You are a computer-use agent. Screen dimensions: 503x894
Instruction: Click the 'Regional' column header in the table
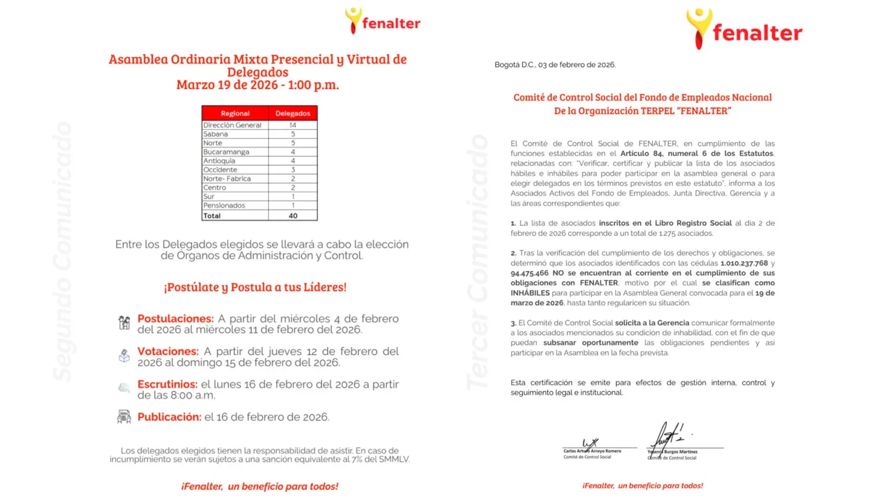click(x=235, y=113)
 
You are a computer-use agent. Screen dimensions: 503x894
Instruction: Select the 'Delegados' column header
click(x=292, y=113)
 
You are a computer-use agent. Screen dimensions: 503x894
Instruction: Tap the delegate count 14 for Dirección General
click(x=292, y=125)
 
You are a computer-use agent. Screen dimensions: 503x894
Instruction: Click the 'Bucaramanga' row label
click(x=226, y=152)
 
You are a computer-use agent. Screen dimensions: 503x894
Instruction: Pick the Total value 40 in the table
click(x=293, y=216)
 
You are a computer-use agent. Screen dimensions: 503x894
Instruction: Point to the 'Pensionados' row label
click(x=224, y=205)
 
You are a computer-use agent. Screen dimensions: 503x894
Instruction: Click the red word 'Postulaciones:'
click(x=175, y=319)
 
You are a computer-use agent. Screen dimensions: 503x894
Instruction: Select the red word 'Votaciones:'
click(x=168, y=351)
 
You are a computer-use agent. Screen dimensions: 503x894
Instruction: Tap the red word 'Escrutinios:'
click(x=167, y=384)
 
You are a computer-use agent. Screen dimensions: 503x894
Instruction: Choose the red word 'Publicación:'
click(x=169, y=417)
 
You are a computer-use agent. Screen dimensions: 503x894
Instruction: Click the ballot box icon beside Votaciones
click(x=124, y=356)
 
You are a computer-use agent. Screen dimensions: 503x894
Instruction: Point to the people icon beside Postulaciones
click(x=124, y=322)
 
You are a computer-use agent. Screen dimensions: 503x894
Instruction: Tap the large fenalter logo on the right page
click(x=744, y=29)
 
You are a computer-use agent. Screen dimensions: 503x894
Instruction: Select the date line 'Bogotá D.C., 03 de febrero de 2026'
click(x=555, y=65)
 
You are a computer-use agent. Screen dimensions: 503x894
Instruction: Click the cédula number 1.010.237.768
click(x=744, y=263)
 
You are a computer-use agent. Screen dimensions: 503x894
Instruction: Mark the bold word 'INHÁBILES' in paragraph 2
click(x=530, y=293)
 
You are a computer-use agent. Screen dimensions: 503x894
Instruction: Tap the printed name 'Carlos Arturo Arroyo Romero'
click(x=592, y=451)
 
